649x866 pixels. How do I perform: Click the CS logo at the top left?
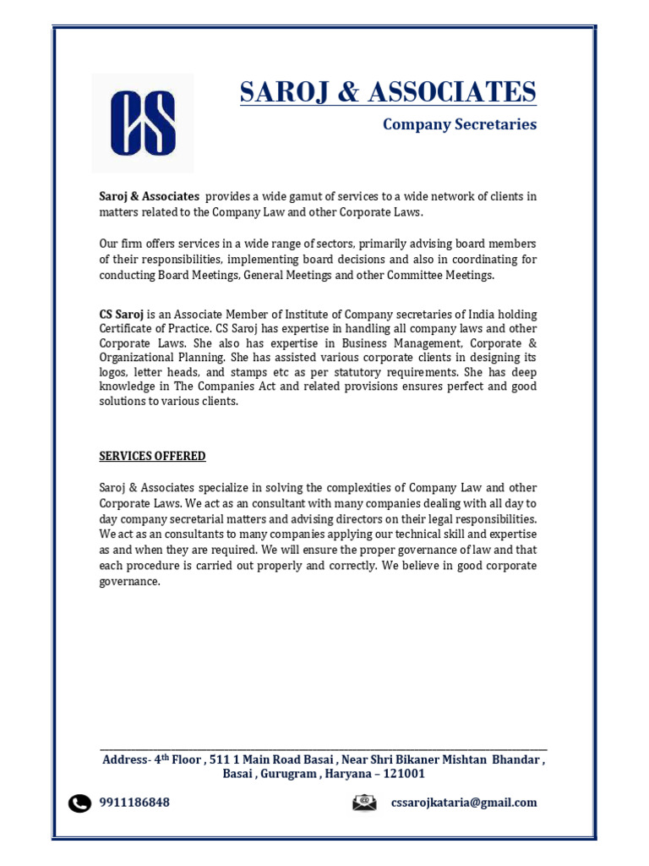[143, 123]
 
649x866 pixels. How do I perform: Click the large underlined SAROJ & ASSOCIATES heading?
[388, 91]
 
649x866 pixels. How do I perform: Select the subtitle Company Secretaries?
[459, 124]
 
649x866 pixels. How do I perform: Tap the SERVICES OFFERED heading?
[152, 456]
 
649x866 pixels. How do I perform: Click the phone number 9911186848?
[134, 803]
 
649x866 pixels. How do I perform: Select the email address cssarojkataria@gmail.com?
[463, 803]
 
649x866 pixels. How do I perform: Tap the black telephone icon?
[79, 803]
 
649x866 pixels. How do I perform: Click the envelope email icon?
[364, 803]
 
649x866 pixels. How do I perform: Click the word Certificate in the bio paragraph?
[128, 328]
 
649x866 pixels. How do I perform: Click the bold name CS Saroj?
[122, 314]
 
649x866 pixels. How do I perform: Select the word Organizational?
[136, 358]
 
